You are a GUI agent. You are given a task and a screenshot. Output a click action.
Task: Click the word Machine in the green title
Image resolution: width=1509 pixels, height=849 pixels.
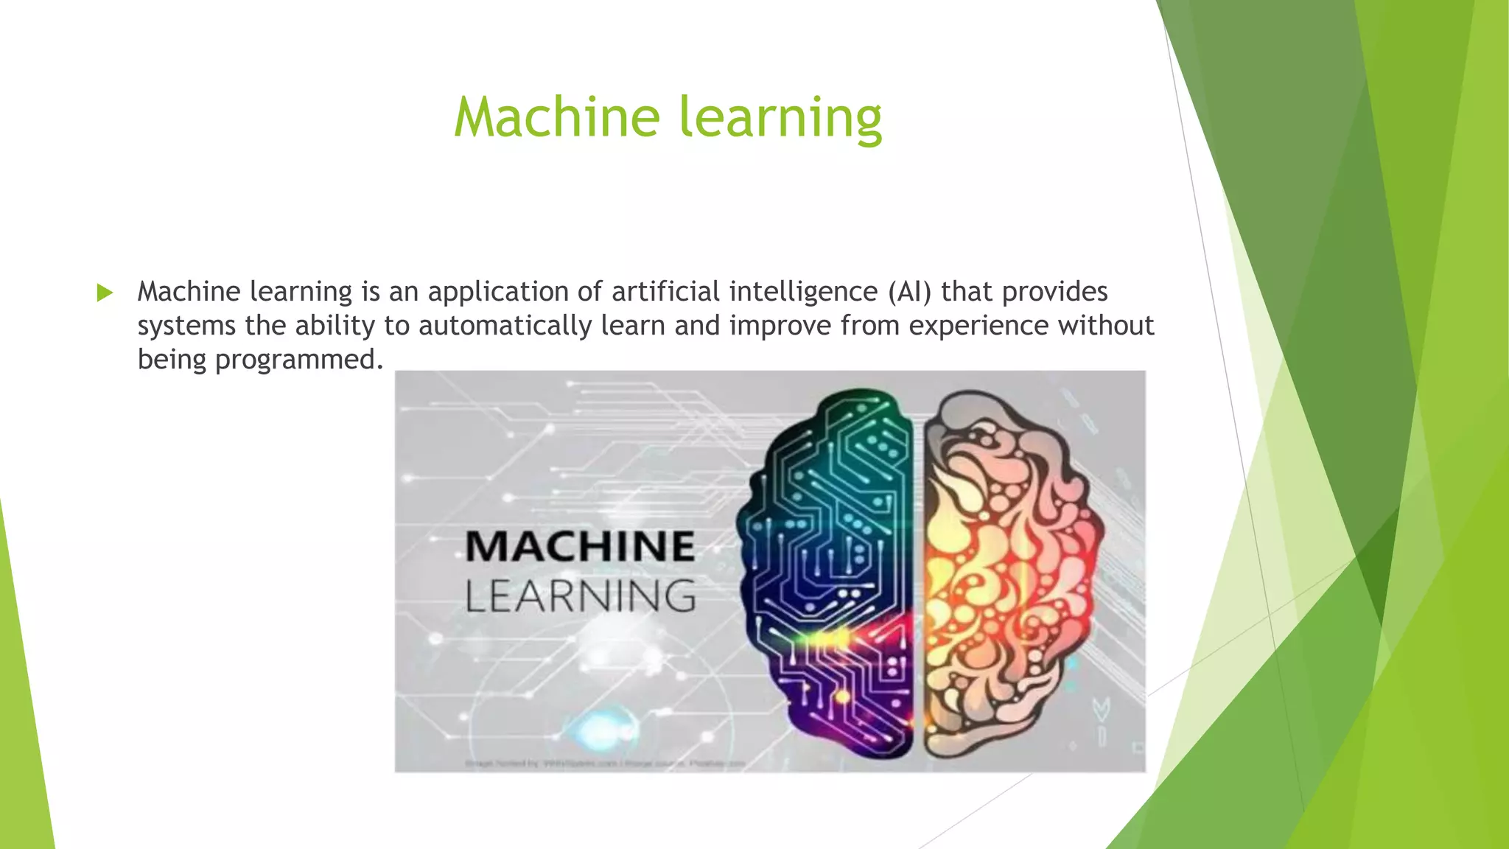[556, 118]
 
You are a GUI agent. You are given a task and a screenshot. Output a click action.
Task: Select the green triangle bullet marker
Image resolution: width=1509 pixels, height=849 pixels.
[105, 293]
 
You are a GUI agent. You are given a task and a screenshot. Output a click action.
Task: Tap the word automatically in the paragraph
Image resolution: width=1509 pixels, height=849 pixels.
[505, 326]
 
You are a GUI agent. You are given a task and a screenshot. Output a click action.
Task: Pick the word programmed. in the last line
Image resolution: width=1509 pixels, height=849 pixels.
[299, 360]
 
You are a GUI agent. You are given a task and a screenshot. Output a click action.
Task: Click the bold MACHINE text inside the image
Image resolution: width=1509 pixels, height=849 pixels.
[580, 546]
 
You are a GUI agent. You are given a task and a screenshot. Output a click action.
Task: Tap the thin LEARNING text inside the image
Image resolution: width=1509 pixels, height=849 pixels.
[580, 596]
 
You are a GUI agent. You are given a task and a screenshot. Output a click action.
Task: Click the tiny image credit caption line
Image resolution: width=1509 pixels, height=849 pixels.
[604, 764]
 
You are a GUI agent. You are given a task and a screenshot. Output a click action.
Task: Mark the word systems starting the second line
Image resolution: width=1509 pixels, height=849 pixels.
[186, 326]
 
